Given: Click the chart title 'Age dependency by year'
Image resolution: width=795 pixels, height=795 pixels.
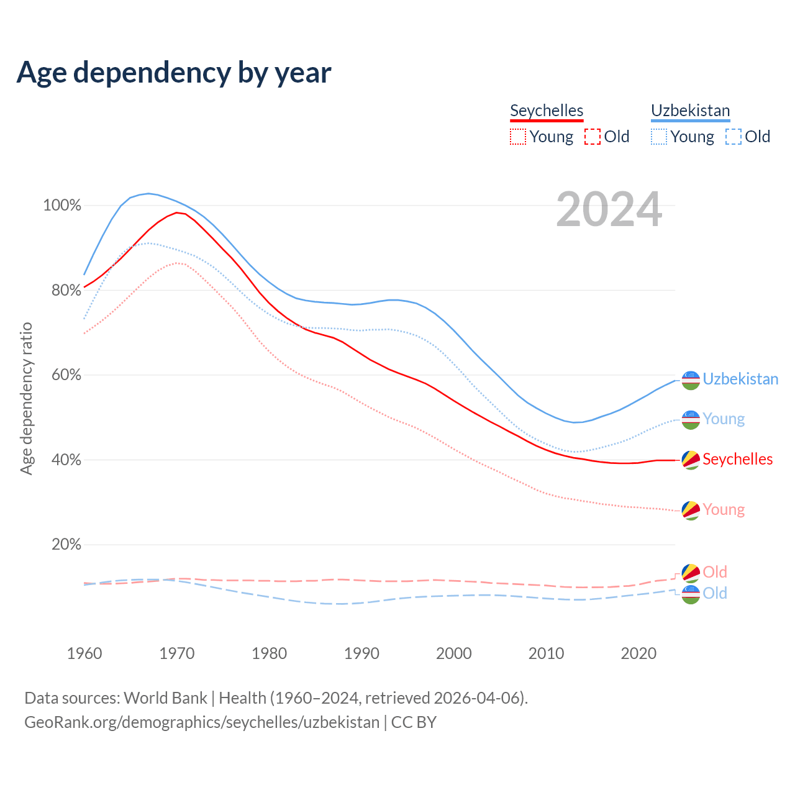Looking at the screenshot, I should pyautogui.click(x=174, y=72).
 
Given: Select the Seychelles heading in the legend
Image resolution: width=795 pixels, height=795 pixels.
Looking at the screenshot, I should pyautogui.click(x=547, y=111).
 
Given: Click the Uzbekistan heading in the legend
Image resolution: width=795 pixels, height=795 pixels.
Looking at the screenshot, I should pyautogui.click(x=690, y=111).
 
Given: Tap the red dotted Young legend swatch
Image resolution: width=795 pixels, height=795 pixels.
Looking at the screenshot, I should pyautogui.click(x=518, y=137).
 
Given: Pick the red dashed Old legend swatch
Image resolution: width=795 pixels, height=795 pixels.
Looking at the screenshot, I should pyautogui.click(x=593, y=137).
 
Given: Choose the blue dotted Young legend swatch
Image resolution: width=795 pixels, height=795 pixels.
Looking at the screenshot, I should pyautogui.click(x=659, y=137).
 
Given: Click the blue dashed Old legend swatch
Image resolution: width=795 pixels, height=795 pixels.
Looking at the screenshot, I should pyautogui.click(x=734, y=137).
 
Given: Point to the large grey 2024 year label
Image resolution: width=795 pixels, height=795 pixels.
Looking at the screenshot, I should pyautogui.click(x=609, y=209).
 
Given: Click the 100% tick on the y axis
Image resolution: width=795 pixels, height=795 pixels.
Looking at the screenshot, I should pyautogui.click(x=62, y=206).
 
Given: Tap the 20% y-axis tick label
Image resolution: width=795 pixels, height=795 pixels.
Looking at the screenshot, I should pyautogui.click(x=66, y=545).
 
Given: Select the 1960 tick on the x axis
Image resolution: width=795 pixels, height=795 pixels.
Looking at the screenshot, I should pyautogui.click(x=84, y=653).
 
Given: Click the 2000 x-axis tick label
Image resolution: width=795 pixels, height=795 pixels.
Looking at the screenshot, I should pyautogui.click(x=454, y=653).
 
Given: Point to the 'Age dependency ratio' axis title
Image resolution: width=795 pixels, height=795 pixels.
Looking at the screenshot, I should pyautogui.click(x=26, y=398).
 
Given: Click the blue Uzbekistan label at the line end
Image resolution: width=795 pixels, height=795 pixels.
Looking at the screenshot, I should pyautogui.click(x=740, y=379).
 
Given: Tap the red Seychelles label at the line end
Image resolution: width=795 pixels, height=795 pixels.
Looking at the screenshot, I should pyautogui.click(x=737, y=459).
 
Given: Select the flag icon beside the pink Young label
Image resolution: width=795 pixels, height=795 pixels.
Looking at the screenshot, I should pyautogui.click(x=691, y=510).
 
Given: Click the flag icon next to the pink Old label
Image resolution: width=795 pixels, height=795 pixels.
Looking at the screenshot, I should pyautogui.click(x=691, y=573).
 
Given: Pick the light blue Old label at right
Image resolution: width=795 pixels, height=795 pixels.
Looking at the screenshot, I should pyautogui.click(x=715, y=593).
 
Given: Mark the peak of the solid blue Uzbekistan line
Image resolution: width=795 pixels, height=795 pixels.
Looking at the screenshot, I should pyautogui.click(x=148, y=193).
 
